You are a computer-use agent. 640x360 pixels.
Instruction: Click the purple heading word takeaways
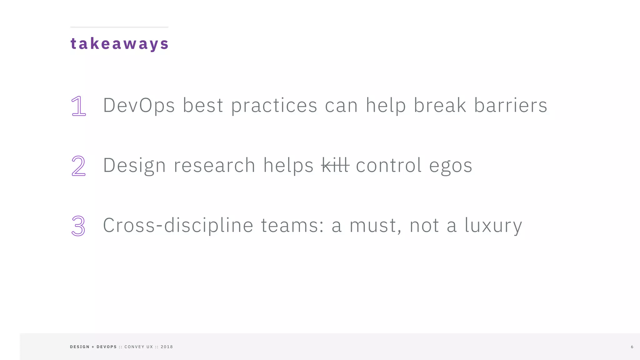tap(119, 43)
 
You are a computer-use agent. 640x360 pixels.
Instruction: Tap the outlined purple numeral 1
tap(78, 106)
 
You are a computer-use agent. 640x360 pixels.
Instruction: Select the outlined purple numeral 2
tap(78, 166)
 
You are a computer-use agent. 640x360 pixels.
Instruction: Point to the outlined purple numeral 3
tap(78, 226)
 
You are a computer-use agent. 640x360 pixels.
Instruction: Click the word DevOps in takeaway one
tap(139, 105)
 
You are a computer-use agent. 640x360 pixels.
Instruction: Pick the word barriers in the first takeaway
tap(511, 105)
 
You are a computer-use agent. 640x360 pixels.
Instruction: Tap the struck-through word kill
tap(335, 165)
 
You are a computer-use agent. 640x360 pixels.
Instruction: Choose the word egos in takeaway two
tap(450, 166)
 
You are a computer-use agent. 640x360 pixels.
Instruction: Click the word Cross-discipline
tap(178, 225)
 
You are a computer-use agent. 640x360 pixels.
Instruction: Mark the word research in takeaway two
tap(214, 165)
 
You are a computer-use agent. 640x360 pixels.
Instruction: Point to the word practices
tap(274, 106)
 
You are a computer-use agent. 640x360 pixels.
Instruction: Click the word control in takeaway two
tap(389, 165)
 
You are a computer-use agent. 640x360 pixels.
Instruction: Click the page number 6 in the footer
tap(632, 347)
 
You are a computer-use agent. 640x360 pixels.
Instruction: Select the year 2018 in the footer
tap(167, 347)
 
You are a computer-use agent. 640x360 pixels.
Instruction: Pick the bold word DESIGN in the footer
tap(80, 347)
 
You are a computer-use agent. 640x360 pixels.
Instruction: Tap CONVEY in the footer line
tap(134, 347)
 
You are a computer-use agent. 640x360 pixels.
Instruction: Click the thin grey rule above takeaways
tap(119, 27)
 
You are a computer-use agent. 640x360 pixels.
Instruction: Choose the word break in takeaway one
tap(440, 105)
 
